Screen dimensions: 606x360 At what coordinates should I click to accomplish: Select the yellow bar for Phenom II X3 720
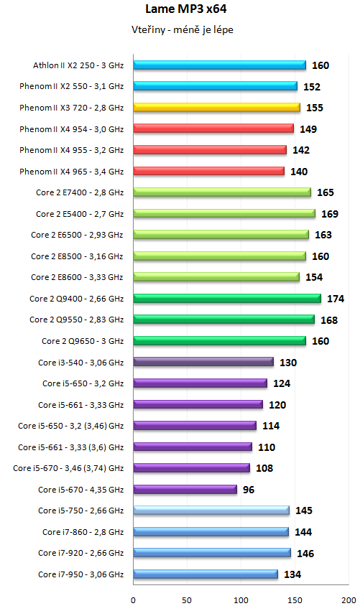coord(216,108)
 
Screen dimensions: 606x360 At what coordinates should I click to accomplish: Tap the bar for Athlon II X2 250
coord(219,65)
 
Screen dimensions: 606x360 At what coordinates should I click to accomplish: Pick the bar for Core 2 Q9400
coord(227,298)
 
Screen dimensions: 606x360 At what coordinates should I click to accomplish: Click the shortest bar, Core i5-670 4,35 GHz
coord(185,489)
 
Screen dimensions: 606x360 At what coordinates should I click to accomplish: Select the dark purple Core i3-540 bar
coord(203,362)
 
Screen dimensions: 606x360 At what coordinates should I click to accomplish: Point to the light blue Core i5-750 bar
coord(211,511)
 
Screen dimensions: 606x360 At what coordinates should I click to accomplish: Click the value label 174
coord(336,299)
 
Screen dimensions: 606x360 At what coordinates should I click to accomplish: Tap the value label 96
coord(249,490)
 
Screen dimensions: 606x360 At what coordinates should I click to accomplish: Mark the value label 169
coord(331,214)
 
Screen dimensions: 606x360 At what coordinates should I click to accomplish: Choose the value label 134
coord(293,574)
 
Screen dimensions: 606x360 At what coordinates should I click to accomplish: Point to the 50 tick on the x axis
coord(187,598)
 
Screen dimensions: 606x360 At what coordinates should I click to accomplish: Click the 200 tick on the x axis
coord(349,598)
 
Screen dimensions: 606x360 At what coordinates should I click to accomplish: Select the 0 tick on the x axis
coord(133,598)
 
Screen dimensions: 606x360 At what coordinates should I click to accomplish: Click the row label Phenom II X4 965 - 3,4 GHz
coord(72,172)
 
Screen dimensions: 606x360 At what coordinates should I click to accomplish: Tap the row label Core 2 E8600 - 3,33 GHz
coord(78,277)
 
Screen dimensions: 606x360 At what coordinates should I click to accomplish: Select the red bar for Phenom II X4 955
coord(212,150)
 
